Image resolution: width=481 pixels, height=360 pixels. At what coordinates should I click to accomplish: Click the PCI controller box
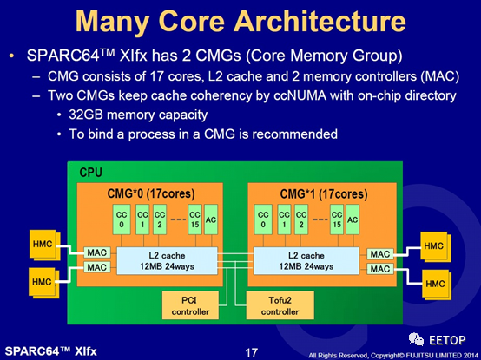point(190,305)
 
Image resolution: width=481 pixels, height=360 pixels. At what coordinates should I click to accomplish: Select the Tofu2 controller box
point(280,305)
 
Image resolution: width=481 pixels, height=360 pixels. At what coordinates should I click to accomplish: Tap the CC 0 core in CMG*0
point(122,219)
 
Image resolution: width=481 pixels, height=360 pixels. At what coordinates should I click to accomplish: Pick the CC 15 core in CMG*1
point(337,219)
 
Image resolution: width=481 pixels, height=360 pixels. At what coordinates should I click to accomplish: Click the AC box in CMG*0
point(211,219)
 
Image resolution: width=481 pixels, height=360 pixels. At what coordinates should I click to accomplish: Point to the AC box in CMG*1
point(353,219)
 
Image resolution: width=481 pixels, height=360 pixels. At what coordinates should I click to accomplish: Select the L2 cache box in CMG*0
point(168,261)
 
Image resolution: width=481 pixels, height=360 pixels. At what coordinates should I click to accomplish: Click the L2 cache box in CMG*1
point(306,261)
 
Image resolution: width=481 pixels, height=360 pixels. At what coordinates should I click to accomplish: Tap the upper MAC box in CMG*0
point(97,252)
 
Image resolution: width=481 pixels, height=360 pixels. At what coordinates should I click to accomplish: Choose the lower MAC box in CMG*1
point(380,269)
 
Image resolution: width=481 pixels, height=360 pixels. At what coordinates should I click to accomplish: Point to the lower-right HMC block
point(436,284)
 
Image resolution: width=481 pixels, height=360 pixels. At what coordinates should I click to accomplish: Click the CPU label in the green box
point(90,173)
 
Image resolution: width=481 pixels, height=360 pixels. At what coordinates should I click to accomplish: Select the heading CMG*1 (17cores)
point(324,194)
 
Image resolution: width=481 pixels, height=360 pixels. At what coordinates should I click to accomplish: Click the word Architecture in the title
point(320,21)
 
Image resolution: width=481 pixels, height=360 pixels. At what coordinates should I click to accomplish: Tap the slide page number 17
point(251,353)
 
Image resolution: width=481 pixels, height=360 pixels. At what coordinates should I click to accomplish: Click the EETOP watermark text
point(447,340)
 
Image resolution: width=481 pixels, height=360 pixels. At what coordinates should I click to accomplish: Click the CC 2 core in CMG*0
point(160,219)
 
